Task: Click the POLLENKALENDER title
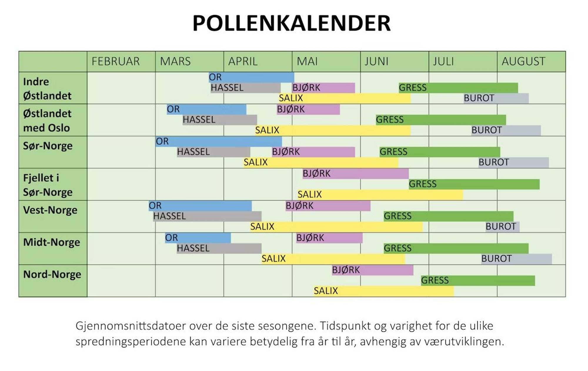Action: click(291, 23)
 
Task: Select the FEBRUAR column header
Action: click(116, 61)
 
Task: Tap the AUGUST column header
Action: click(523, 61)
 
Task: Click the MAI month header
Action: click(307, 61)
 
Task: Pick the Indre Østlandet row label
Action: click(47, 88)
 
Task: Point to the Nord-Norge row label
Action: click(52, 274)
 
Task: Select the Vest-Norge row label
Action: click(50, 210)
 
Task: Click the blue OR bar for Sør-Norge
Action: click(219, 141)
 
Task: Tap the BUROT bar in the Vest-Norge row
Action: click(502, 226)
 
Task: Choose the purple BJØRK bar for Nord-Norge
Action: click(372, 270)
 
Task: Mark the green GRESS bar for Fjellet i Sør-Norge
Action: click(474, 184)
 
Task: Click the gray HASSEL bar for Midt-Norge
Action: click(219, 248)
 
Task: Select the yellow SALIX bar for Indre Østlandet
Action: click(345, 98)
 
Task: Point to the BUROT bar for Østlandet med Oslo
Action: click(506, 130)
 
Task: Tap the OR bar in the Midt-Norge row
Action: click(198, 237)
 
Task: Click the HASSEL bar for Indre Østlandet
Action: click(245, 88)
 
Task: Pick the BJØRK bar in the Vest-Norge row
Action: click(328, 205)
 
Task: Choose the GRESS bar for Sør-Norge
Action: click(440, 152)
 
